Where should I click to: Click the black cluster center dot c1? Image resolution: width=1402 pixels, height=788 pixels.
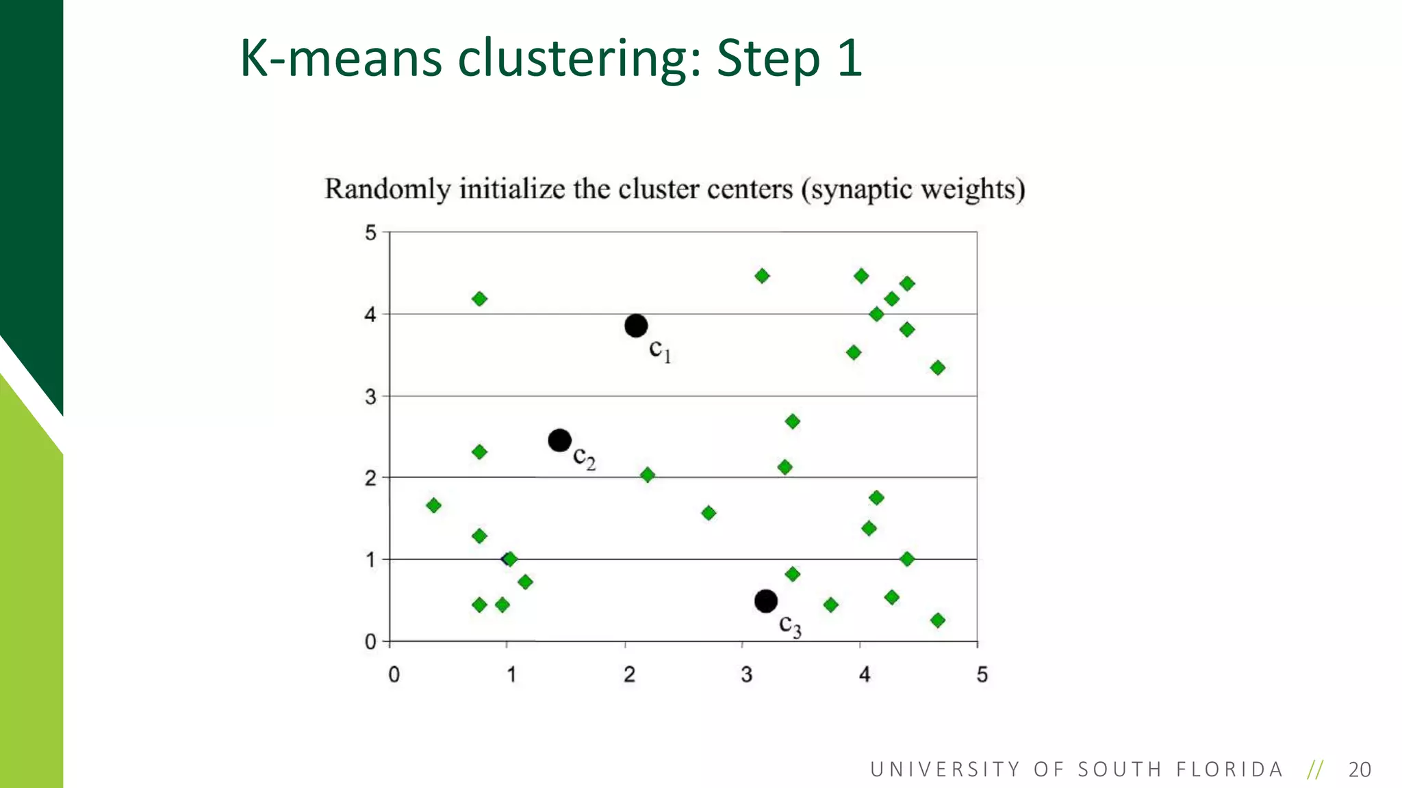[x=636, y=326]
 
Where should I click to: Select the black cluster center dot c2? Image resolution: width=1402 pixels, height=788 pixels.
[x=560, y=440]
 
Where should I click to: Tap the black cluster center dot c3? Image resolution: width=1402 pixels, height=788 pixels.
[x=766, y=601]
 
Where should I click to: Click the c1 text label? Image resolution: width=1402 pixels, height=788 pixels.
[x=660, y=350]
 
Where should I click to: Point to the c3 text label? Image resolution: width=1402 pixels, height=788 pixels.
[x=790, y=625]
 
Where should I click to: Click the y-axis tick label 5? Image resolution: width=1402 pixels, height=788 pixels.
[x=370, y=233]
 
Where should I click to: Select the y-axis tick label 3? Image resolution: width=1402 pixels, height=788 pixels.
[x=370, y=397]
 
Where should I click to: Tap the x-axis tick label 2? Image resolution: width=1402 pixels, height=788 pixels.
[x=629, y=674]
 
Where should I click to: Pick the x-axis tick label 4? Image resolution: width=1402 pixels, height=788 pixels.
[x=865, y=674]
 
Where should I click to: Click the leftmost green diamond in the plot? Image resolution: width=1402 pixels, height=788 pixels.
[x=433, y=505]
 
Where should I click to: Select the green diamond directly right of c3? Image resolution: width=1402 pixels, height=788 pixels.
[x=830, y=605]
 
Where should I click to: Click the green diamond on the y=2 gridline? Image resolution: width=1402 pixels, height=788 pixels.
[x=648, y=475]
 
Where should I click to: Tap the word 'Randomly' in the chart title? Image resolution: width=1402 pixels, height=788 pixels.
[x=387, y=189]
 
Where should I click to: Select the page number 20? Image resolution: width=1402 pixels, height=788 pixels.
[x=1360, y=770]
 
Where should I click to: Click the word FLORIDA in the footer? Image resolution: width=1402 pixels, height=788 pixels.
[x=1229, y=770]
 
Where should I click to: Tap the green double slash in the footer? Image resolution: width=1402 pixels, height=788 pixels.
[x=1314, y=770]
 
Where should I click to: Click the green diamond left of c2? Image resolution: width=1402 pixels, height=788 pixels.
[x=479, y=452]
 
